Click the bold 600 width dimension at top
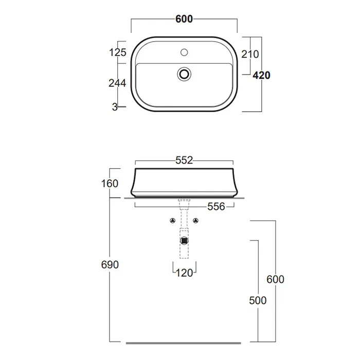pos(184,19)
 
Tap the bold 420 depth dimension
pos(261,75)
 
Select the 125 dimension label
pos(118,52)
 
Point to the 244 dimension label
pos(117,83)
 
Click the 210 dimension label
pos(250,54)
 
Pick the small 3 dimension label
pos(115,107)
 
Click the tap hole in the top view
pos(184,52)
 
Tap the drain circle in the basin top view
pos(184,74)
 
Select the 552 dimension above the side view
pos(184,160)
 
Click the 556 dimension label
pos(216,207)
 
